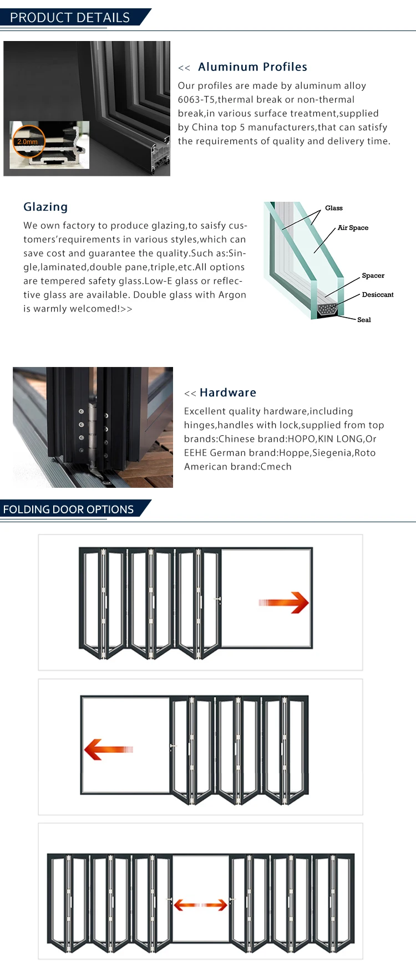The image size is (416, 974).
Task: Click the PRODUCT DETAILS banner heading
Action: coord(70,18)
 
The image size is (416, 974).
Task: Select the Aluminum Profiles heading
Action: coord(252,67)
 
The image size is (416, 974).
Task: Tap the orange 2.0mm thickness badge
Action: coord(28,141)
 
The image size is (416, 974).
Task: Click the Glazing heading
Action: coord(45,207)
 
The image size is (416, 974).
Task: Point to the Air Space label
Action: coord(353,228)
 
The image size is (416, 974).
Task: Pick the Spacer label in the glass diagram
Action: coord(373,276)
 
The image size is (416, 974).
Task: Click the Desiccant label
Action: coord(377,294)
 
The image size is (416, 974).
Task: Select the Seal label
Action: coord(364,320)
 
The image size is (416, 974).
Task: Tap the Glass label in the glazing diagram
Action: coord(333,208)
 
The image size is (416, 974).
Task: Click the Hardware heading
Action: coord(228,392)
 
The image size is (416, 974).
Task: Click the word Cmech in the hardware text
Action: coord(276,467)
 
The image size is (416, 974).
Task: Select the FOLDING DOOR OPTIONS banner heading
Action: coord(68,509)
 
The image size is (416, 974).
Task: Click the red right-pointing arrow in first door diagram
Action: coord(284,603)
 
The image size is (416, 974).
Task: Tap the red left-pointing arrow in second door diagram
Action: coord(108,749)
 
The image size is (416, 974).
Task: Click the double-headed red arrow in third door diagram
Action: coord(201,905)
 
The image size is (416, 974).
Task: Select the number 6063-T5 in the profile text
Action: coord(196,100)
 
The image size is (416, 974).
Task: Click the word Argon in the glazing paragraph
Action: coord(232,295)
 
